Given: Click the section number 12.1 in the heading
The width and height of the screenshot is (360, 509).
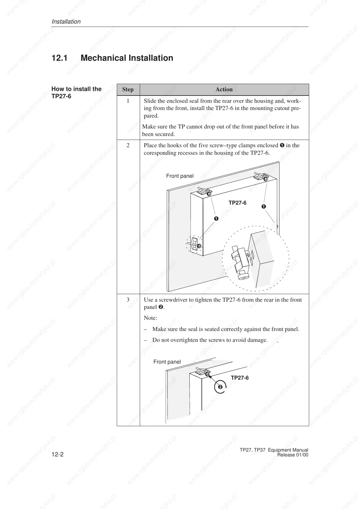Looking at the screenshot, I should click(x=60, y=58).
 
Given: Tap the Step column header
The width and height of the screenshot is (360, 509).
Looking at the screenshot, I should click(x=128, y=89).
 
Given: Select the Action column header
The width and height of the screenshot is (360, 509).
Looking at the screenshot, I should click(x=224, y=89).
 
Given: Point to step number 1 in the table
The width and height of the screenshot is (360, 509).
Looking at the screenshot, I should click(x=128, y=101).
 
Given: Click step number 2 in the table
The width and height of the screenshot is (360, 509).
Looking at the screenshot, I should click(x=128, y=145).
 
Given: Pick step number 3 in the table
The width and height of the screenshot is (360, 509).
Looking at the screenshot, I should click(x=128, y=300).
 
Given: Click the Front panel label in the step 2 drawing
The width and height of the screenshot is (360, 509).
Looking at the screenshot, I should click(x=180, y=176).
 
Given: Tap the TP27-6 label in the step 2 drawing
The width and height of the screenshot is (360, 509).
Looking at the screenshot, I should click(x=237, y=203).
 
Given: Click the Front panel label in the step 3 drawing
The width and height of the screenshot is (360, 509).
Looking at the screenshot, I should click(x=167, y=362).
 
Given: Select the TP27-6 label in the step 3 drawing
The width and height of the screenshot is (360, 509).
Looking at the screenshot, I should click(x=240, y=378).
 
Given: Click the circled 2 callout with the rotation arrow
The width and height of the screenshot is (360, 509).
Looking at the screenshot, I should click(x=220, y=387).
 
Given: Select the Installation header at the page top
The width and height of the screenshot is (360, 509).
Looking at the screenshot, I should click(x=66, y=22).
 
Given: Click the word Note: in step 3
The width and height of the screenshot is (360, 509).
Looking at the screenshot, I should click(x=150, y=318).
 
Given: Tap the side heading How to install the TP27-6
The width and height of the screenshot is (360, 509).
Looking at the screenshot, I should click(x=76, y=92).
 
